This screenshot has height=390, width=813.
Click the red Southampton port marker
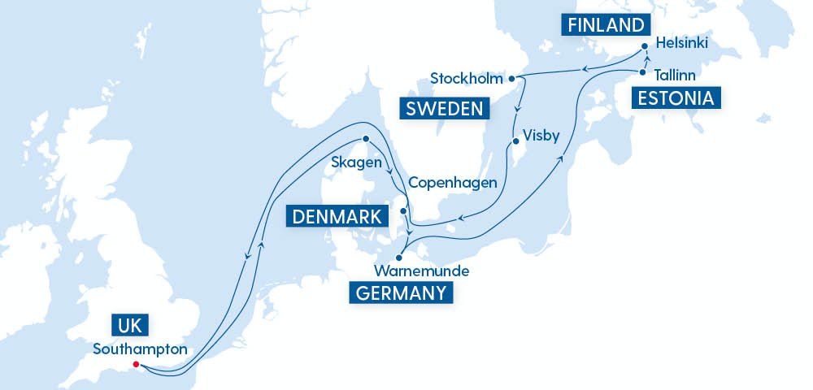[x=136, y=364]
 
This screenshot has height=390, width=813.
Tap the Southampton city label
[x=141, y=349]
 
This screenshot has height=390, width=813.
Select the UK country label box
[x=129, y=327]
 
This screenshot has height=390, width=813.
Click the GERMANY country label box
[x=401, y=292]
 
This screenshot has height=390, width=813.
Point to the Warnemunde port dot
[x=398, y=258]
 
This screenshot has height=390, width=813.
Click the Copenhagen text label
[x=452, y=182]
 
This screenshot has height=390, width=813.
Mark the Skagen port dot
[x=366, y=138]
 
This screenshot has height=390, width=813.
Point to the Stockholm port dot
[x=511, y=79]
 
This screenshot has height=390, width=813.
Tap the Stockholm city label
[x=466, y=79]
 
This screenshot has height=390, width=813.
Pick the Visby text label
[x=541, y=136]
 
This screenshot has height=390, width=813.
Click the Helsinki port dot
[x=644, y=46]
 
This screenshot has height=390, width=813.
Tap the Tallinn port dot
[x=642, y=72]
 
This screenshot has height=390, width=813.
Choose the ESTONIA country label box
[x=676, y=99]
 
